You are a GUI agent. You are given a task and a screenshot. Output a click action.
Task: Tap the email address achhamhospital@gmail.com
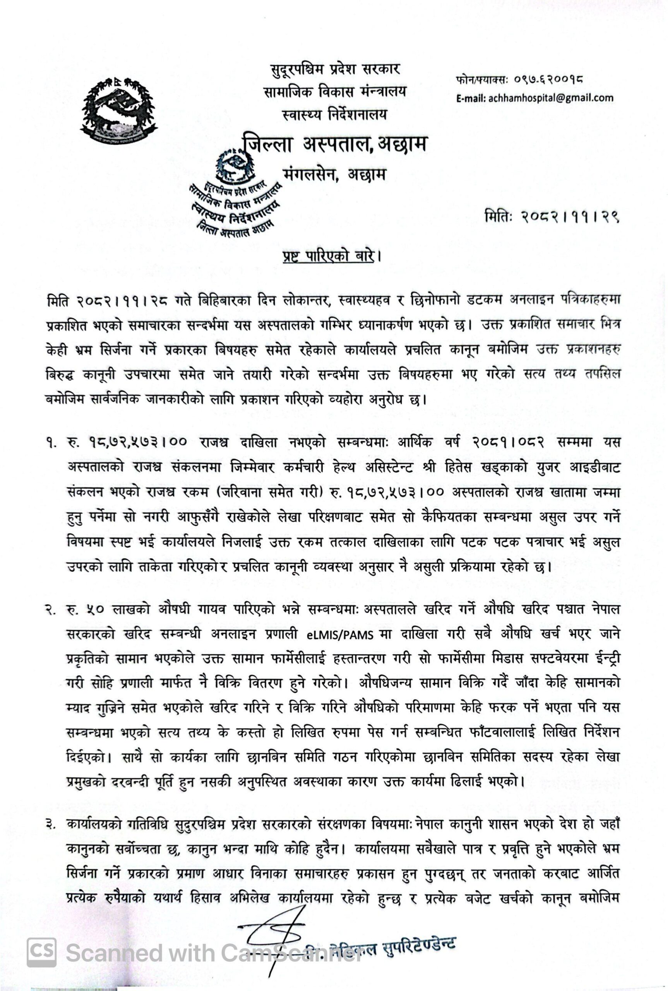tap(551, 98)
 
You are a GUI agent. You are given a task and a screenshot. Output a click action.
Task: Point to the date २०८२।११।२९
tap(570, 217)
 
